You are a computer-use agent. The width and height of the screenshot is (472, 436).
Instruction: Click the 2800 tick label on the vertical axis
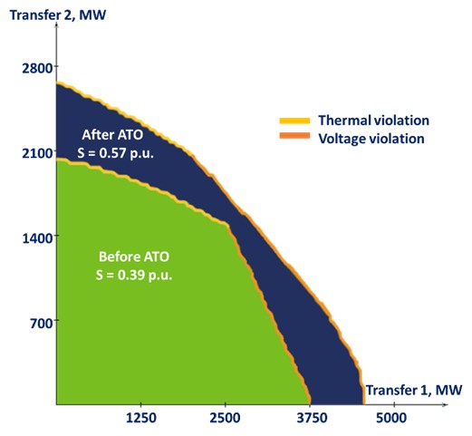37,69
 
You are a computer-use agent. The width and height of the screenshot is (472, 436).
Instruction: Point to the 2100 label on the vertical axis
37,154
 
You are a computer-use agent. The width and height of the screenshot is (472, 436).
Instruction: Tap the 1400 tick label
37,238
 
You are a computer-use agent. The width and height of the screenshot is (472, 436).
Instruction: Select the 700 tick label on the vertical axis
42,324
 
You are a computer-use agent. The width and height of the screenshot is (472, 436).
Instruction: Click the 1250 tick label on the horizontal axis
141,418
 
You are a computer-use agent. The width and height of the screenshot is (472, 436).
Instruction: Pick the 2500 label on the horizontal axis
226,418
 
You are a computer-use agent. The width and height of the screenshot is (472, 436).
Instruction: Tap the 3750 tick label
312,418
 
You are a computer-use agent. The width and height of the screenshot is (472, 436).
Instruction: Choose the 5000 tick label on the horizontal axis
391,418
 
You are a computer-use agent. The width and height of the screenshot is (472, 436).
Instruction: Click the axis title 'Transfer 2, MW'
58,15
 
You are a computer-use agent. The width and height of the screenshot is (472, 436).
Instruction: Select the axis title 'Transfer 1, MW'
414,390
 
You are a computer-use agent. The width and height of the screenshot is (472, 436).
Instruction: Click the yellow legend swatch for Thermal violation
294,121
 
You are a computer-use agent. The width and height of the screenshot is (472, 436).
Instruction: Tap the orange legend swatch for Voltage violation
294,136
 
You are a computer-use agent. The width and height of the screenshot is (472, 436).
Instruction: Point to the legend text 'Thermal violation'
373,121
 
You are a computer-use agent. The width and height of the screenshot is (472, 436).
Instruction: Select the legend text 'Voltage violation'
371,139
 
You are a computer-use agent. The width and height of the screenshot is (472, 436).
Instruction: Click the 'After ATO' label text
112,135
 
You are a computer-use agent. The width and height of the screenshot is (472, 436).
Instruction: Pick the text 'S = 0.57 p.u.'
115,153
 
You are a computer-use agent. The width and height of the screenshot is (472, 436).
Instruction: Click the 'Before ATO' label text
134,257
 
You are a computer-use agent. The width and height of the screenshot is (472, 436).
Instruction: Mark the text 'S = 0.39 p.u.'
134,275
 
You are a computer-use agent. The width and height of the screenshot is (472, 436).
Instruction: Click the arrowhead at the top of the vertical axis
56,26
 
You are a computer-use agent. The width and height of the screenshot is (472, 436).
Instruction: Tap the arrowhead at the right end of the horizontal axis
445,404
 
